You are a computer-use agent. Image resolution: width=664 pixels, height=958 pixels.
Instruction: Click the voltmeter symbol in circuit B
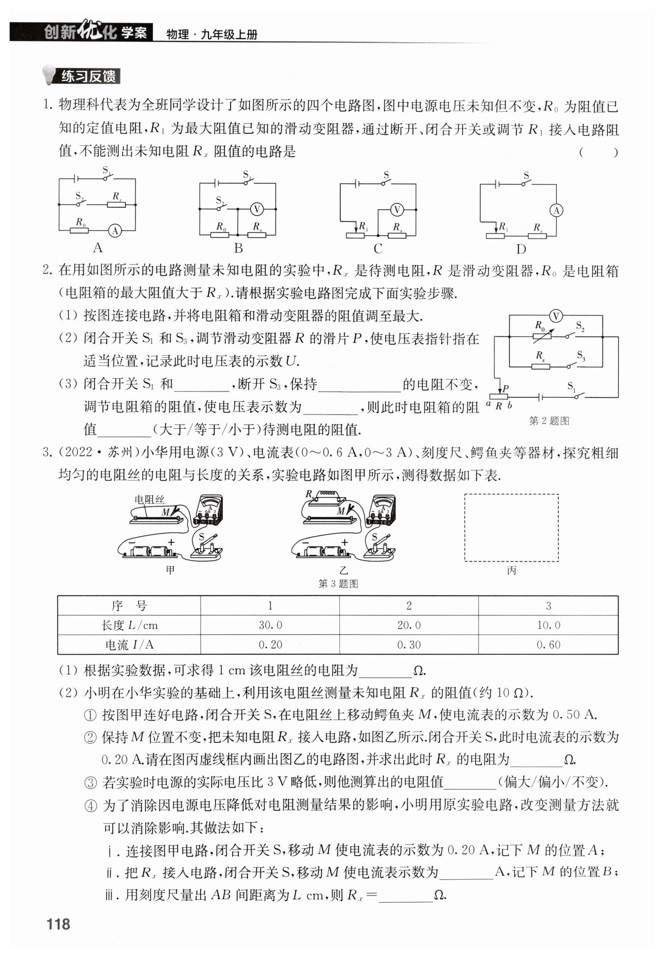coord(256,209)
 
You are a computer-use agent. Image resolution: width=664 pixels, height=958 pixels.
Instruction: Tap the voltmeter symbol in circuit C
coord(396,210)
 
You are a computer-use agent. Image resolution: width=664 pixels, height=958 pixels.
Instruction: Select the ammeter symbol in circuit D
coord(556,210)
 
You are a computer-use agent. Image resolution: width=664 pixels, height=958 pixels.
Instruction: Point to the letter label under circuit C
coord(378,249)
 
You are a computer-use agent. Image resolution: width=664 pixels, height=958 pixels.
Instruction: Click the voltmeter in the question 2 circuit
coord(555,316)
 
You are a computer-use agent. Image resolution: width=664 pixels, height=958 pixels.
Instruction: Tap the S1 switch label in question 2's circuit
coord(572,386)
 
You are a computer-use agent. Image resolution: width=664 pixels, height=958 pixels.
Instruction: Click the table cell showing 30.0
coord(270,625)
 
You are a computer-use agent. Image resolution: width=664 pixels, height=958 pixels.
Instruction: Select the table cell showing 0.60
coord(548,645)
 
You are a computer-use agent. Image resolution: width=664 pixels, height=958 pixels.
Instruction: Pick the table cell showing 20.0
coord(409,625)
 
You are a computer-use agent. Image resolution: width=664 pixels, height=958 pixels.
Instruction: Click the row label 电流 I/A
coord(129,645)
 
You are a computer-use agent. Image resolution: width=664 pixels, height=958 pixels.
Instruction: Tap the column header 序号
coord(129,606)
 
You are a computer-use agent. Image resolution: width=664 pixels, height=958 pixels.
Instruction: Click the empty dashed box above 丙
coord(511,527)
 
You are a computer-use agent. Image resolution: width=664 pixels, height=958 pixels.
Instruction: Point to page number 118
coord(59,924)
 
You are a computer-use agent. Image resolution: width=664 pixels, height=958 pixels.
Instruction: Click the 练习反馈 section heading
coord(89,76)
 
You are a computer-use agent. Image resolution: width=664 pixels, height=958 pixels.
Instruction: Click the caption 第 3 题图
coord(338,584)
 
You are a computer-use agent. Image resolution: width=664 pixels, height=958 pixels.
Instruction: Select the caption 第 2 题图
coord(549,421)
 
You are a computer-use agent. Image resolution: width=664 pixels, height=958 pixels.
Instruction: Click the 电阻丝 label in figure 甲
coord(149,500)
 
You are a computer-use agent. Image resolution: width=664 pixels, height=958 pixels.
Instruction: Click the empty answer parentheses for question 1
coord(598,152)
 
